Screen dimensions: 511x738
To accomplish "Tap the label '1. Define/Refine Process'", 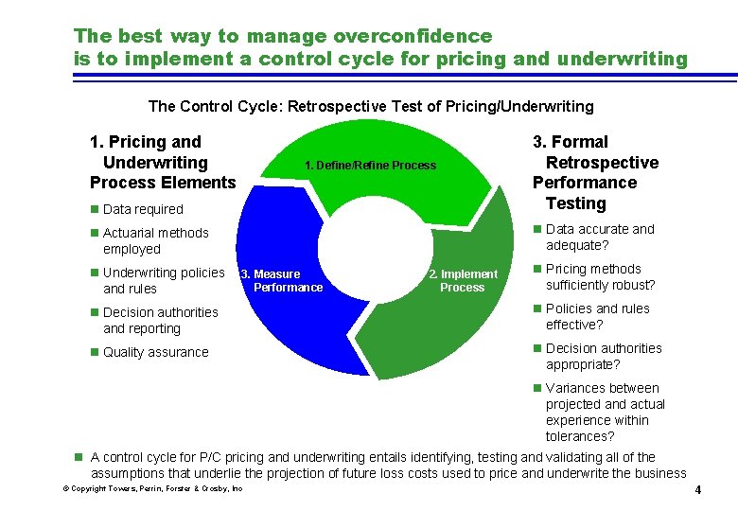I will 370,166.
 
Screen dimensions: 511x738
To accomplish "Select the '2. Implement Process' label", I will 463,281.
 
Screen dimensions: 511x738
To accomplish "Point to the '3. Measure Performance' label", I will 282,281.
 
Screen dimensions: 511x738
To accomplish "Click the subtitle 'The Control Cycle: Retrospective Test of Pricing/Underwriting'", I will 372,106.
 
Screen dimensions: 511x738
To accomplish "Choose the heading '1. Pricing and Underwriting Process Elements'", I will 162,162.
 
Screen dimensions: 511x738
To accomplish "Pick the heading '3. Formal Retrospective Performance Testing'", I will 595,172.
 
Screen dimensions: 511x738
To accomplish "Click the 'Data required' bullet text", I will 143,209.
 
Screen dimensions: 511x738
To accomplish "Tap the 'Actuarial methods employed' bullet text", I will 155,240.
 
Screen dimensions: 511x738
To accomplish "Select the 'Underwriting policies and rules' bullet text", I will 163,280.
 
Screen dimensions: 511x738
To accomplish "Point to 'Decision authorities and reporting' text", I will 160,320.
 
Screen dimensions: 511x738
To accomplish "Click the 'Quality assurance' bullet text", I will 155,352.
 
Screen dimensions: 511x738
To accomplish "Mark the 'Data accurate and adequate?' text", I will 600,237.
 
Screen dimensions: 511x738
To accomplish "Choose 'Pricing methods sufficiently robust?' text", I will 600,276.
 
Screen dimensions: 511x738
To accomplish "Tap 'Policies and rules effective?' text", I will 597,316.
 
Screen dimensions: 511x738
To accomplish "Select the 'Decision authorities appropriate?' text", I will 603,356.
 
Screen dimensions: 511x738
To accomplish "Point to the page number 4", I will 697,490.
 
